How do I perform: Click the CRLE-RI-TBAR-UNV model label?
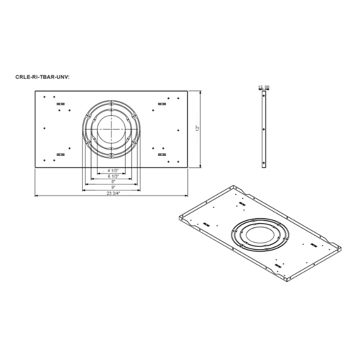(42, 77)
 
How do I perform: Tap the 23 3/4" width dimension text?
(113, 193)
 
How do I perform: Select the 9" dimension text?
(113, 187)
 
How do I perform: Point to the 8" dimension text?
(113, 182)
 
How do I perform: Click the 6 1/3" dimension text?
(113, 176)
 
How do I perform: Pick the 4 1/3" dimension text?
(113, 170)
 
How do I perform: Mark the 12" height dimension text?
(197, 128)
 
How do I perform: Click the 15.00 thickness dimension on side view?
(264, 88)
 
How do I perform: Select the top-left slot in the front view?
(61, 104)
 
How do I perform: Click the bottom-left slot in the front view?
(61, 154)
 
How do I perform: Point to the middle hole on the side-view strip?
(264, 129)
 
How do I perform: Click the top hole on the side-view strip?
(264, 95)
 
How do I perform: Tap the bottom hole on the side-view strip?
(264, 163)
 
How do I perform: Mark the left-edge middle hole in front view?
(46, 129)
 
